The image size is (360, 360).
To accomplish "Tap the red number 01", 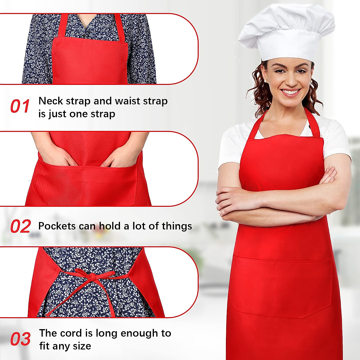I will (20, 106).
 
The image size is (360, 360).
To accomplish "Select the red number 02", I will (20, 226).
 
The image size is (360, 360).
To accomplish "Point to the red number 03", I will (20, 339).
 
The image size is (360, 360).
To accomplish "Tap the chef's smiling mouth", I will (290, 92).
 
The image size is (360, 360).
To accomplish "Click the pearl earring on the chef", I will (265, 81).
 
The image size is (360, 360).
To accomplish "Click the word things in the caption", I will (177, 226).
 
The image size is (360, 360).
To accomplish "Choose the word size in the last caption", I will (81, 346).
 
